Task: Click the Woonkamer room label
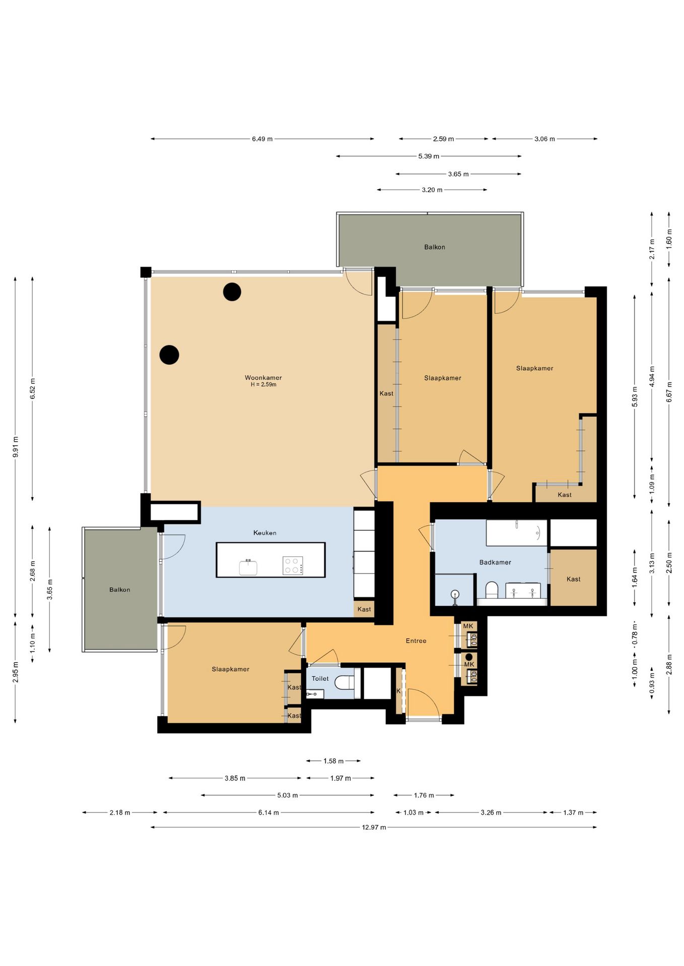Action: pos(263,377)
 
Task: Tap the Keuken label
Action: pos(265,532)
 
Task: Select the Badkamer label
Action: pos(495,562)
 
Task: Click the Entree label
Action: pos(416,640)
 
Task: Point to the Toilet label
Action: pos(320,678)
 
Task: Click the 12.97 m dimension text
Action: pos(374,827)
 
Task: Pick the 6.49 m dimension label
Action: pos(262,139)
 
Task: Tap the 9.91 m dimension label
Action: pos(16,447)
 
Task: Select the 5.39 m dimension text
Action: pos(429,156)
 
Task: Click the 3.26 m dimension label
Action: pos(491,812)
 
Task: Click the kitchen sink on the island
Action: pos(248,567)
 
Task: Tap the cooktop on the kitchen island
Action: pos(293,565)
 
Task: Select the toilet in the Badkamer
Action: pos(492,591)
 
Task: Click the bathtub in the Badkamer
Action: pos(516,533)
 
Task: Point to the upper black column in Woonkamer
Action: pos(232,292)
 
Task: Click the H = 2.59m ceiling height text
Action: pos(263,384)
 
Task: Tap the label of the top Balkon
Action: pos(435,247)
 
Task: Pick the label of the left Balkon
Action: pos(120,590)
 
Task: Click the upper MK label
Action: pos(468,626)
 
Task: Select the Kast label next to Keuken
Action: pos(364,609)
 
